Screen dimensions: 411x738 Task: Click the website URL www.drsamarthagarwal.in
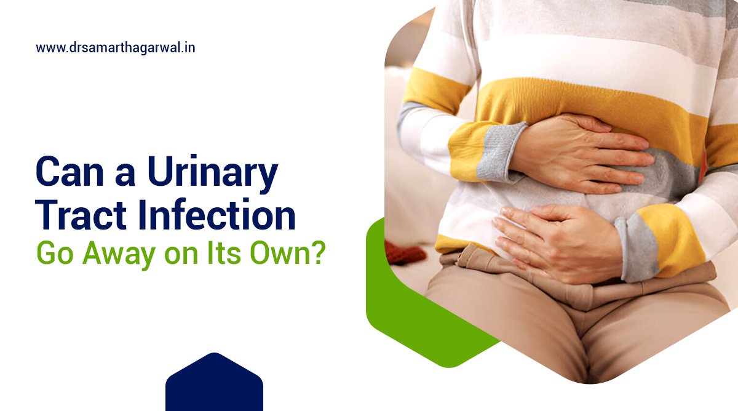pyautogui.click(x=116, y=47)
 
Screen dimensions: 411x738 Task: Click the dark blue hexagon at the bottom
pyautogui.click(x=214, y=385)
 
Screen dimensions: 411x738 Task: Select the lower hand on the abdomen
pyautogui.click(x=553, y=237)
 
